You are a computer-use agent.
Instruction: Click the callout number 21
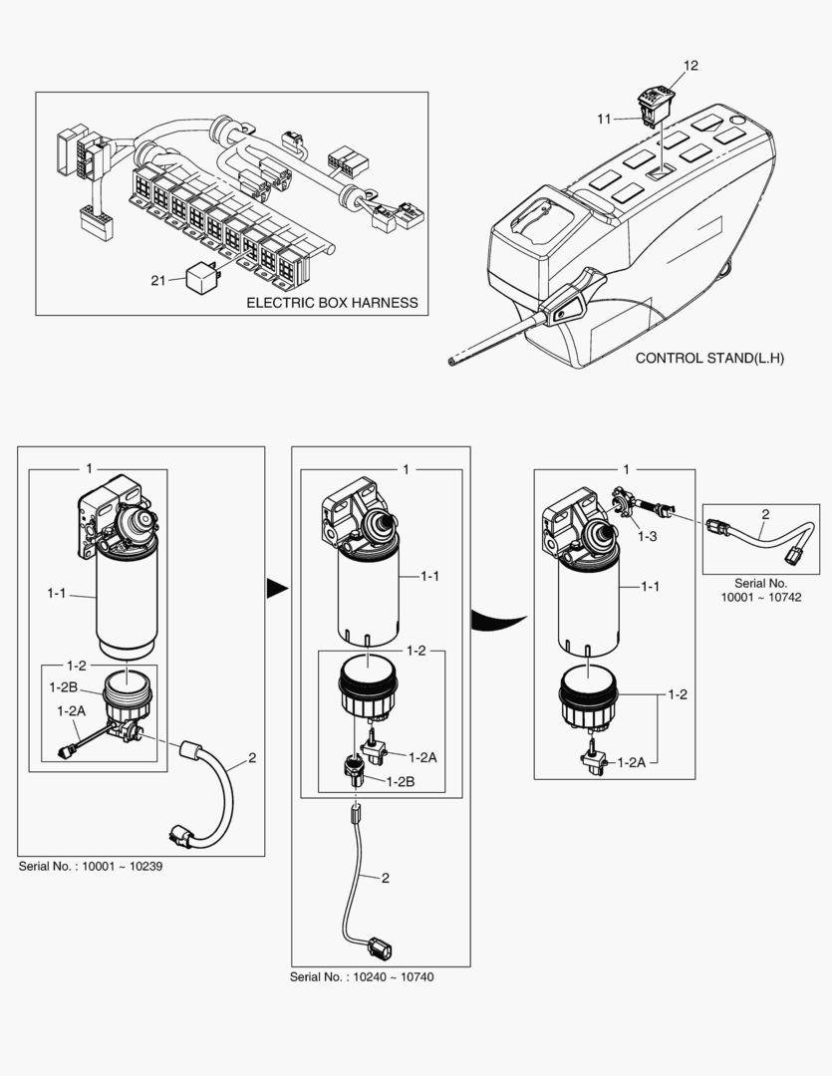pyautogui.click(x=157, y=281)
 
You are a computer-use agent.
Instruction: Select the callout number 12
pyautogui.click(x=691, y=66)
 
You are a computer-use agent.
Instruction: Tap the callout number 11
pyautogui.click(x=605, y=119)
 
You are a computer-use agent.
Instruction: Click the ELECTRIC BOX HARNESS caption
pyautogui.click(x=332, y=302)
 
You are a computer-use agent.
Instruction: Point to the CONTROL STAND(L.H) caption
pyautogui.click(x=709, y=358)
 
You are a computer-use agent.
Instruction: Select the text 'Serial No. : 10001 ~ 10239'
pyautogui.click(x=91, y=866)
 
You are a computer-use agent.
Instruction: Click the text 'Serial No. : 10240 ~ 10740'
pyautogui.click(x=362, y=977)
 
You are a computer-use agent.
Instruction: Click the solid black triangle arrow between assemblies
pyautogui.click(x=275, y=591)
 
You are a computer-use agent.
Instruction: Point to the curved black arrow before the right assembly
pyautogui.click(x=498, y=617)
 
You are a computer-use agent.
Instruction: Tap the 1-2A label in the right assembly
pyautogui.click(x=632, y=762)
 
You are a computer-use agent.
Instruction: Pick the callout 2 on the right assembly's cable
pyautogui.click(x=764, y=515)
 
